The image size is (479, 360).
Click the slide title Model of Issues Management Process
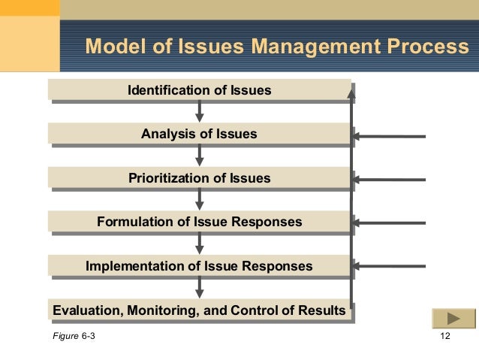[276, 47]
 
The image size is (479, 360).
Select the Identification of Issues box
[199, 90]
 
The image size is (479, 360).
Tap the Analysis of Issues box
[199, 135]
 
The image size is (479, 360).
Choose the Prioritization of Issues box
[199, 178]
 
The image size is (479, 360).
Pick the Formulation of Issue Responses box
[199, 222]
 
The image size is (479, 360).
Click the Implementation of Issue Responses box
[199, 266]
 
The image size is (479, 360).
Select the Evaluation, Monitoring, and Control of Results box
[199, 310]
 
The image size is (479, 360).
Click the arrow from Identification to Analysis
[200, 112]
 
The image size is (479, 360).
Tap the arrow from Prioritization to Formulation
[200, 200]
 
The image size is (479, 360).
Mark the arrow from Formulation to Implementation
[200, 244]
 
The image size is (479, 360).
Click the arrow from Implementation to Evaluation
[200, 288]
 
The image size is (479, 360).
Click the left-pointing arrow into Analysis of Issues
[390, 136]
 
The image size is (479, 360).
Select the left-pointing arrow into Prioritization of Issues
[390, 180]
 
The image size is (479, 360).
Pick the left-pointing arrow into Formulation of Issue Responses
[390, 223]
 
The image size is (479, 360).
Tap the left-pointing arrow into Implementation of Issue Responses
[390, 266]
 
